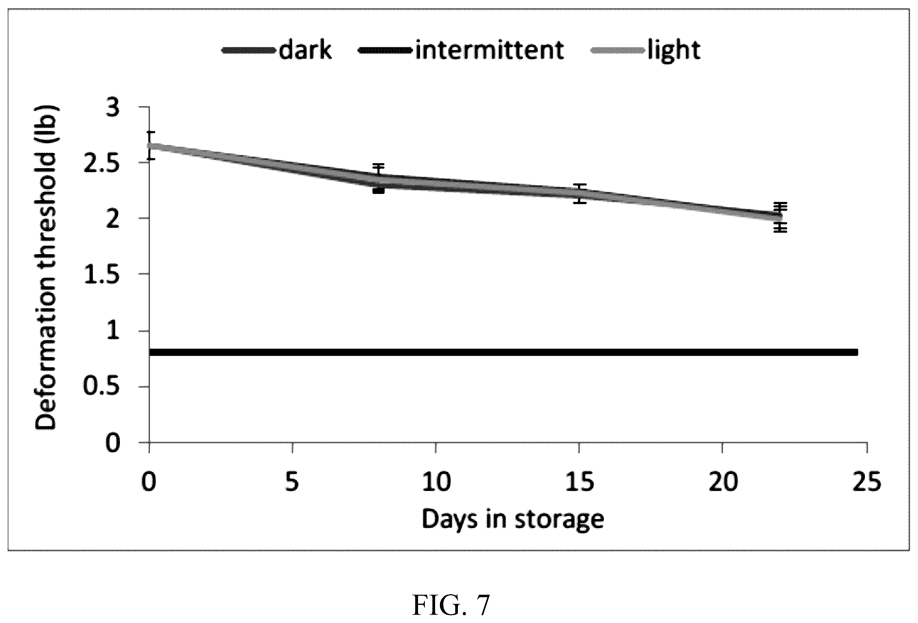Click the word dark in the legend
[305, 50]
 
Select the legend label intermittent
[489, 50]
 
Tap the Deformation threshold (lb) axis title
[46, 267]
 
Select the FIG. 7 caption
[451, 605]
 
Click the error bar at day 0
[150, 146]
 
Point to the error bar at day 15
[580, 194]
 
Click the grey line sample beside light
[618, 50]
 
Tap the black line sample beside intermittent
[385, 50]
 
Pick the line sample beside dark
[249, 50]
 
